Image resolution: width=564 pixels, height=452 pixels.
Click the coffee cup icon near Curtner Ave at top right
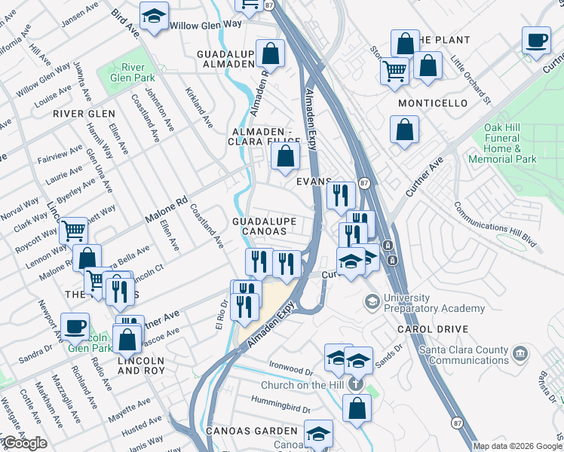click(536, 41)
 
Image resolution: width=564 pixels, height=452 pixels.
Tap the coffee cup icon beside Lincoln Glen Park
click(75, 326)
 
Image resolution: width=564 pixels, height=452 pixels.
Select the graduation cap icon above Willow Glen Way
click(154, 17)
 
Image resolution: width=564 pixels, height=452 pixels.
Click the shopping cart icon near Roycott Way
click(73, 231)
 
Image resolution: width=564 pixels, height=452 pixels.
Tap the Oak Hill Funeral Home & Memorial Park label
click(501, 143)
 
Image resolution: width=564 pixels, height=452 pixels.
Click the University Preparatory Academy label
click(434, 303)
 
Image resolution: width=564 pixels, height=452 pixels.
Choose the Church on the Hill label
click(303, 386)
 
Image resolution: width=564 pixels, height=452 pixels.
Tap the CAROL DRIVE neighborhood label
click(435, 329)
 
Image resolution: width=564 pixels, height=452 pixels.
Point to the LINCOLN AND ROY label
click(141, 366)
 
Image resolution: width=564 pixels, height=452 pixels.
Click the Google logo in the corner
click(24, 443)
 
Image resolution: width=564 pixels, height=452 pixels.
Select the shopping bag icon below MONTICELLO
click(405, 129)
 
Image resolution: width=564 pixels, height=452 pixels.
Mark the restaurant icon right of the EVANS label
click(340, 196)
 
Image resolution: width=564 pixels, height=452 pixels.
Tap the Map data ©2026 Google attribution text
click(516, 446)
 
